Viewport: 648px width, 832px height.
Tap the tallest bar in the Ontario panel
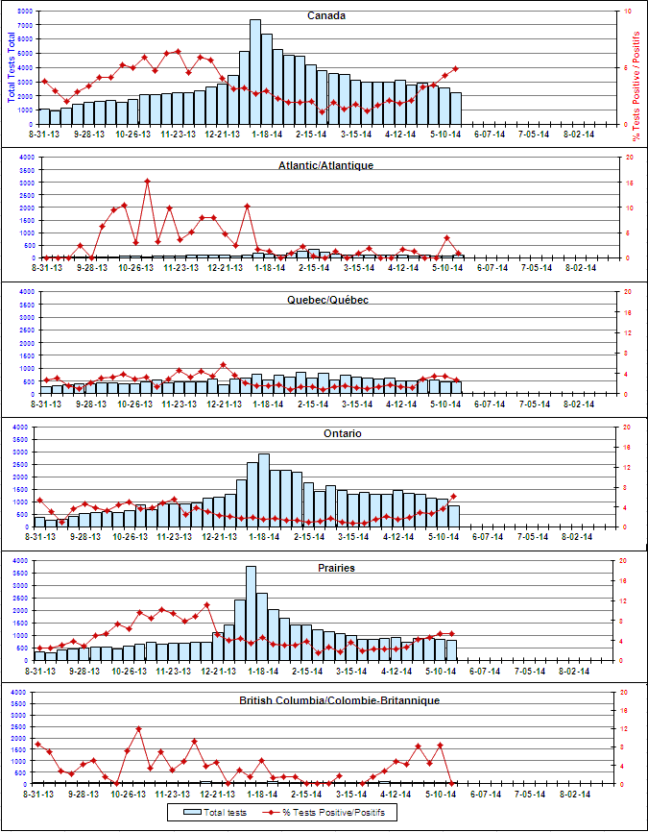click(x=264, y=490)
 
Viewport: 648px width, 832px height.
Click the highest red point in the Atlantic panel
click(x=147, y=181)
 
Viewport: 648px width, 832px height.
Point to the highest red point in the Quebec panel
click(x=224, y=364)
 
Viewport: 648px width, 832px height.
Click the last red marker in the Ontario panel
click(x=454, y=497)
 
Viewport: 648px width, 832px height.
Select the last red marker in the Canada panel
click(x=455, y=68)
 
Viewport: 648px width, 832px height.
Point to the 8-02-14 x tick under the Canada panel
click(x=576, y=135)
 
